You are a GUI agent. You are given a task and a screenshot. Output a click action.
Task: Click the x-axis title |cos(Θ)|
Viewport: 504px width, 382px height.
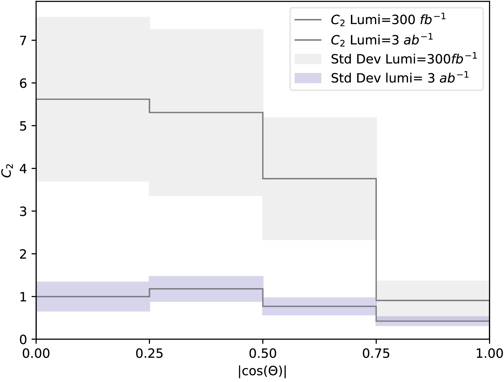pyautogui.click(x=262, y=372)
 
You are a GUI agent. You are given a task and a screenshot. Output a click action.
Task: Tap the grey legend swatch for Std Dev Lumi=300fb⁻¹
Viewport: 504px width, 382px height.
pyautogui.click(x=308, y=59)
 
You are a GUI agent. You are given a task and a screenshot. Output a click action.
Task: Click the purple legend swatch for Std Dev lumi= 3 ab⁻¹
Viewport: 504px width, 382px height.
pyautogui.click(x=308, y=78)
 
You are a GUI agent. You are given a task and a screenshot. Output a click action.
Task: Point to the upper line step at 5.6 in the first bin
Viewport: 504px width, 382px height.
pyautogui.click(x=93, y=99)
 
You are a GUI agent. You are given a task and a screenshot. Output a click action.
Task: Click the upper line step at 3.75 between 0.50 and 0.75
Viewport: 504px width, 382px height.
pyautogui.click(x=319, y=179)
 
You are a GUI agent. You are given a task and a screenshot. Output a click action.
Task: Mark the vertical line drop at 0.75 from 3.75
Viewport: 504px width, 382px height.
pyautogui.click(x=376, y=241)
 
